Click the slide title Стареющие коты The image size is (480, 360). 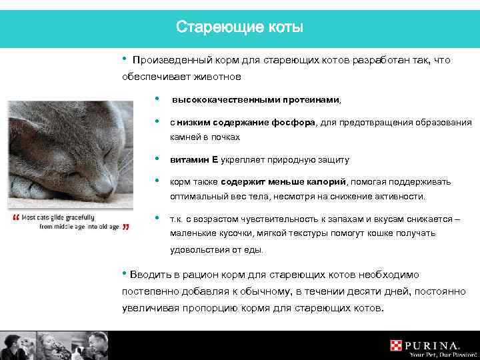coord(239,27)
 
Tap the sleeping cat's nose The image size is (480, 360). coord(101,192)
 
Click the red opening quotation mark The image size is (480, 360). coord(15,219)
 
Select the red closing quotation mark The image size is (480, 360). coord(127,227)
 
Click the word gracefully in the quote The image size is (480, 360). coord(75,217)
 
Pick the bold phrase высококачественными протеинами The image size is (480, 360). coord(255,101)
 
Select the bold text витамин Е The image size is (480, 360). coord(194,160)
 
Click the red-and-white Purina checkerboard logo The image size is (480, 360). coord(397,345)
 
